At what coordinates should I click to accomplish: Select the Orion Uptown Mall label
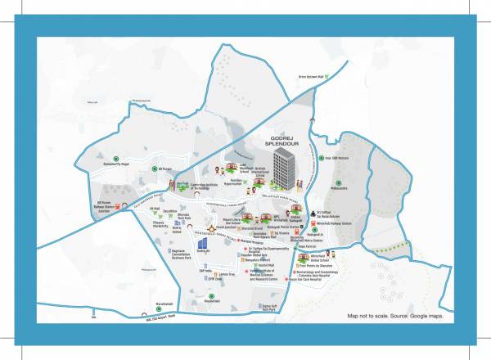pyautogui.click(x=311, y=76)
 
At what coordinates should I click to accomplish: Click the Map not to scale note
pyautogui.click(x=395, y=315)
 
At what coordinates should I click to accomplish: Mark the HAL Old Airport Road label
pyautogui.click(x=168, y=320)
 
